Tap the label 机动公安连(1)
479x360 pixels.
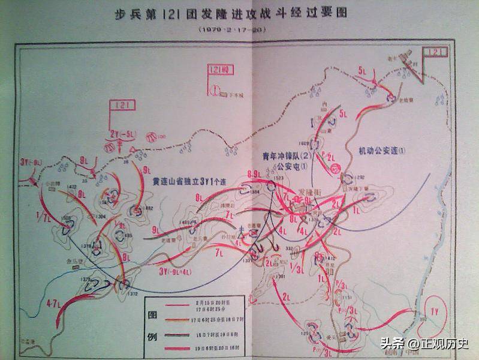point(382,150)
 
